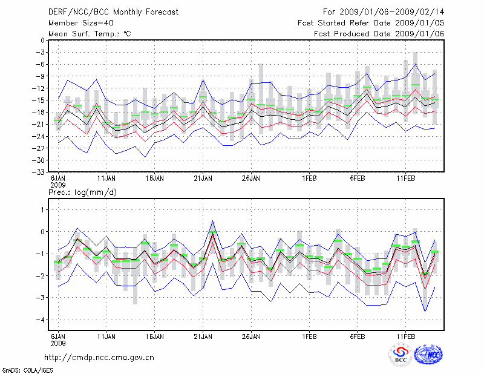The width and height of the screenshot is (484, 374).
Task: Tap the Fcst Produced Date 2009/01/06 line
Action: [379, 34]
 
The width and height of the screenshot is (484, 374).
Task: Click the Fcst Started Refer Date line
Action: [371, 23]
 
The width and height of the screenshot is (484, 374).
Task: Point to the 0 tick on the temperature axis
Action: [42, 41]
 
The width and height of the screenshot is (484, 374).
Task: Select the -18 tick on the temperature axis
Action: [39, 113]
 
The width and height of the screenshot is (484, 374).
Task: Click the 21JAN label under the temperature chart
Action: [203, 179]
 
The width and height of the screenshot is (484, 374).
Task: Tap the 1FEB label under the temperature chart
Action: [309, 179]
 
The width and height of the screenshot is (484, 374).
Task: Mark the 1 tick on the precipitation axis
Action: [42, 209]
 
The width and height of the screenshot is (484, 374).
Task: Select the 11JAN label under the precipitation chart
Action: [106, 335]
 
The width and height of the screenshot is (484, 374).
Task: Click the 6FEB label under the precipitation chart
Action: [357, 335]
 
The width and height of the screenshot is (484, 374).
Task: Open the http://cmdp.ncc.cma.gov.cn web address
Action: [99, 357]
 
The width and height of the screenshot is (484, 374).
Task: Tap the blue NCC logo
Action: [428, 355]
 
